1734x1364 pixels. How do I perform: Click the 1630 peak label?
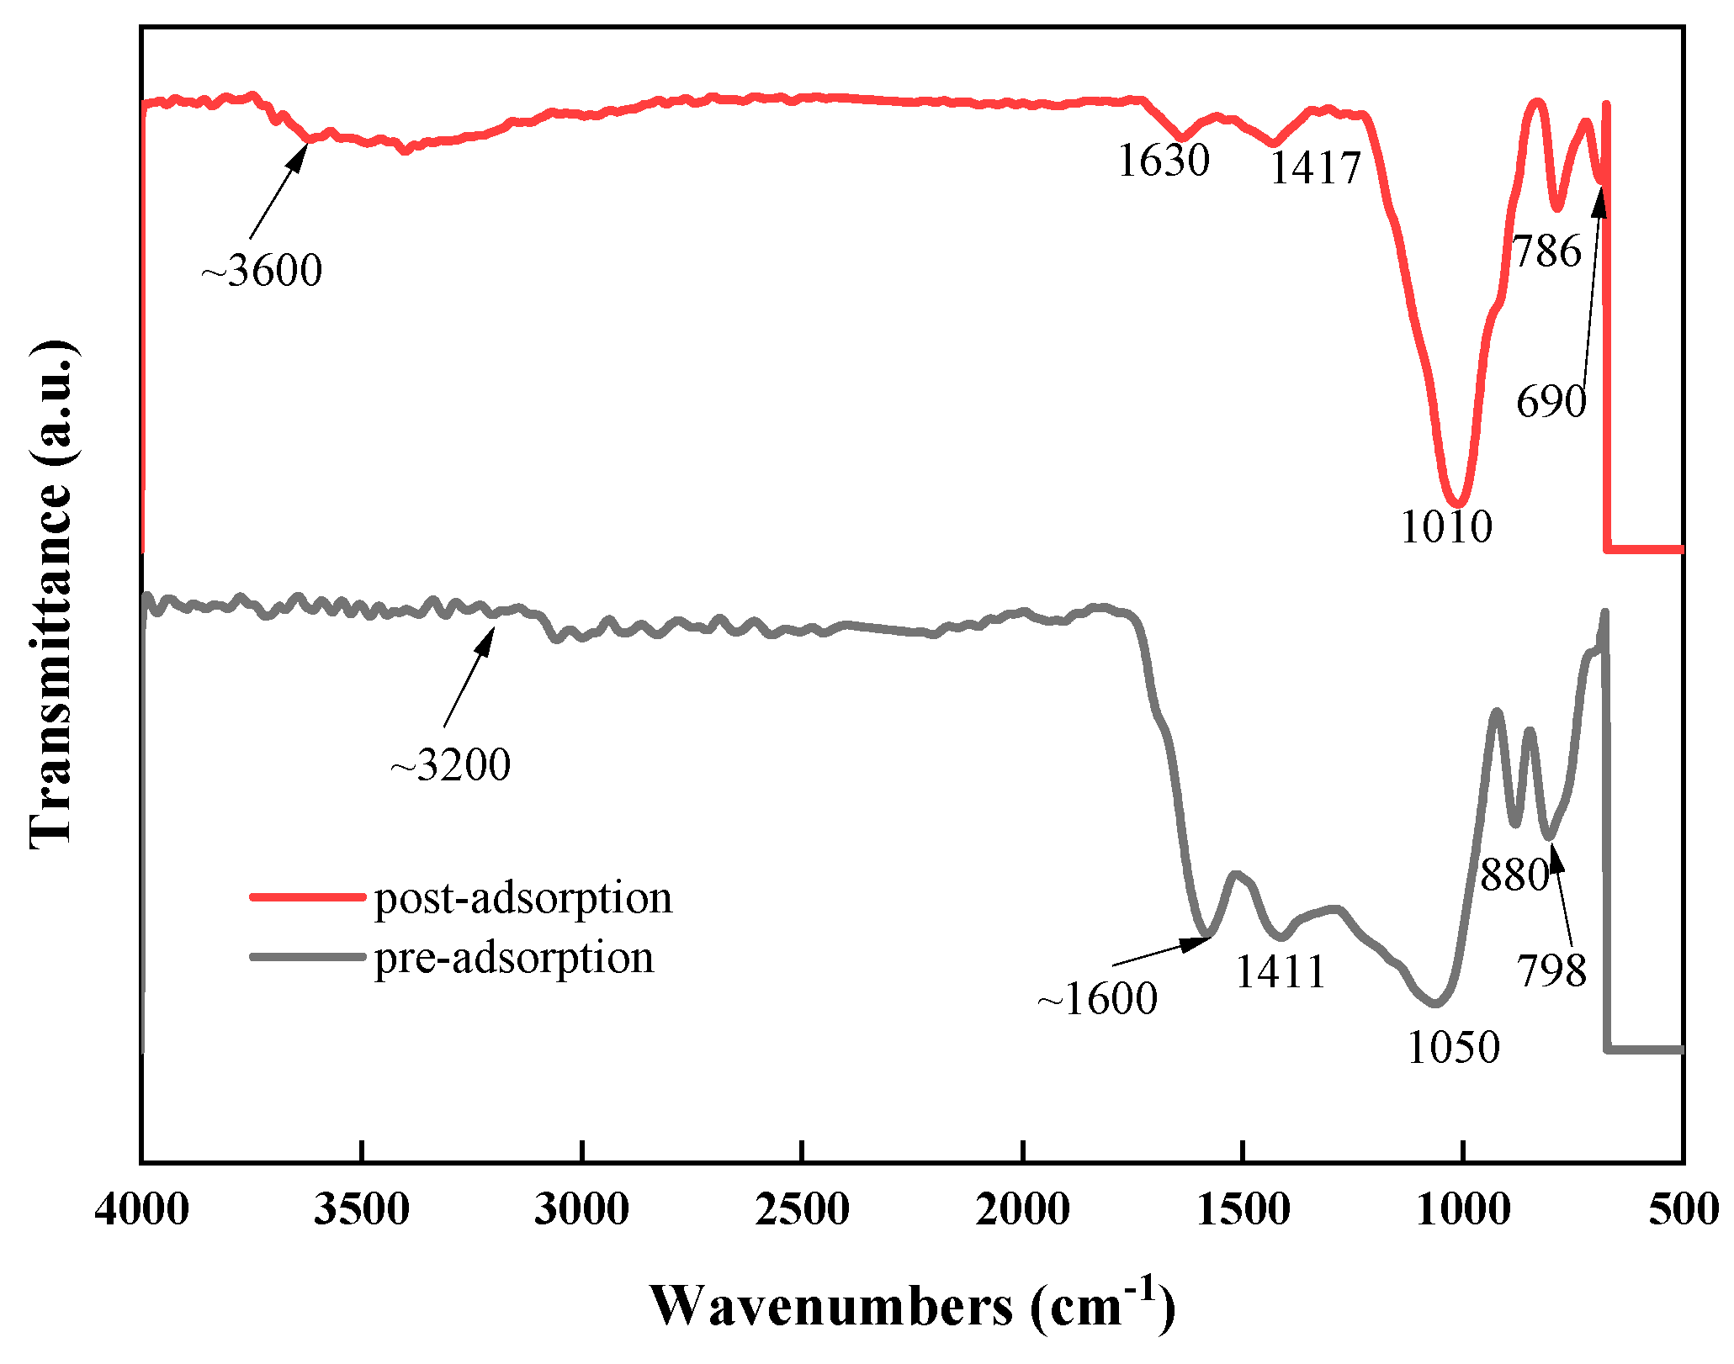pyautogui.click(x=1164, y=160)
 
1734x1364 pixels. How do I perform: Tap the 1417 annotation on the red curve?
pyautogui.click(x=1315, y=168)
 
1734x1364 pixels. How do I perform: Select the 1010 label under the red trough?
pyautogui.click(x=1446, y=527)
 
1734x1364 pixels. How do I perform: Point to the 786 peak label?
pyautogui.click(x=1547, y=251)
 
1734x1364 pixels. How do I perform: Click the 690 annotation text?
pyautogui.click(x=1551, y=401)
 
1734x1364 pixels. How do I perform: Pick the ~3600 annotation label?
pyautogui.click(x=262, y=271)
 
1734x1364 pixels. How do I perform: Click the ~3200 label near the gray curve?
pyautogui.click(x=450, y=764)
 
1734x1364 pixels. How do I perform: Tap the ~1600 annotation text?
pyautogui.click(x=1097, y=999)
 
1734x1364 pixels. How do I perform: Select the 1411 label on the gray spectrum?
pyautogui.click(x=1280, y=972)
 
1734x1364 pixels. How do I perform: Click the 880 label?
pyautogui.click(x=1514, y=875)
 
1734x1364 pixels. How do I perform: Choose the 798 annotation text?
pyautogui.click(x=1551, y=971)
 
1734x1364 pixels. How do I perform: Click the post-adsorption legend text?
pyautogui.click(x=523, y=898)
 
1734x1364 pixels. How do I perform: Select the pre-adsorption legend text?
pyautogui.click(x=514, y=958)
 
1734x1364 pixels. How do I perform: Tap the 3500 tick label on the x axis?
pyautogui.click(x=362, y=1210)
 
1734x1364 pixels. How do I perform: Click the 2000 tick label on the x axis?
pyautogui.click(x=1022, y=1210)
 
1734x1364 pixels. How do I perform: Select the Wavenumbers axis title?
pyautogui.click(x=912, y=1306)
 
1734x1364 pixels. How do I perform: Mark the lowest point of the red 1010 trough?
pyautogui.click(x=1458, y=504)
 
